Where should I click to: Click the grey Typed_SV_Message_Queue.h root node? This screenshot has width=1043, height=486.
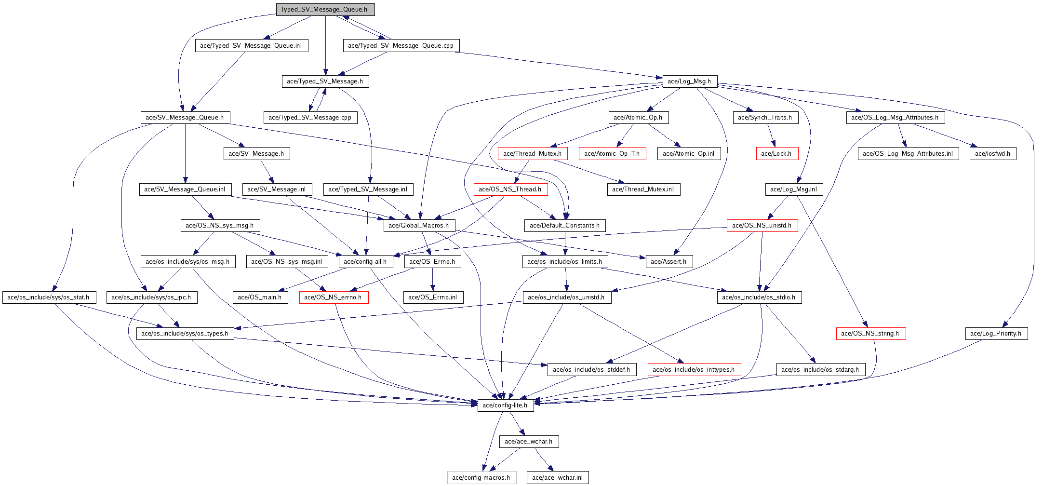coord(325,10)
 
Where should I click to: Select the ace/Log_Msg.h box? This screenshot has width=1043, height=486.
coord(690,81)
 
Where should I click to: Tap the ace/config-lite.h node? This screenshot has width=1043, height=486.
coord(505,405)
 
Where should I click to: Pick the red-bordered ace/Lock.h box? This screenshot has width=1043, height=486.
coord(776,154)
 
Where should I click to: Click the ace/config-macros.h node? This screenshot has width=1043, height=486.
coord(481,478)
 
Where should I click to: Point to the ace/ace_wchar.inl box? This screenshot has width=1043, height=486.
coord(558,478)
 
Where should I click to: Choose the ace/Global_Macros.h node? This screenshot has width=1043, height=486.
coord(419,226)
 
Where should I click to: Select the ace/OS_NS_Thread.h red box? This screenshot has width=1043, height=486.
coord(510,189)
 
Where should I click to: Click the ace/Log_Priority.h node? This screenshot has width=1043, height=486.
coord(996,334)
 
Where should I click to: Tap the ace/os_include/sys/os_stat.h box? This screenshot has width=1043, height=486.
coord(49,297)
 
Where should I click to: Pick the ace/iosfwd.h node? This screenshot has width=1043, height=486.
coord(992,154)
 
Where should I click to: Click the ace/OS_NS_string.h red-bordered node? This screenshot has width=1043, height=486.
coord(870,334)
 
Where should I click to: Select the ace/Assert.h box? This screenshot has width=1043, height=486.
coord(669,262)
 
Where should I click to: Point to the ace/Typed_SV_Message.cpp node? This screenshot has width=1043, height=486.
coord(310,118)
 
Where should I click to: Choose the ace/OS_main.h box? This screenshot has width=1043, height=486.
coord(260,297)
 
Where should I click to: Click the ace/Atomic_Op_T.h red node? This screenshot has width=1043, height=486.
coord(612,154)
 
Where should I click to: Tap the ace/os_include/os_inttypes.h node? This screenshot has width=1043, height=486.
coord(694,370)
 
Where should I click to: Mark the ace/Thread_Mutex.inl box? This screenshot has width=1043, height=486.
coord(643,189)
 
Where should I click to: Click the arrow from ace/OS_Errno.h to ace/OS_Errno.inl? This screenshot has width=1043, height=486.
coord(433,280)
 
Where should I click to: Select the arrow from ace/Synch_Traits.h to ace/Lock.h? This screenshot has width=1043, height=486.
coord(771,135)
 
